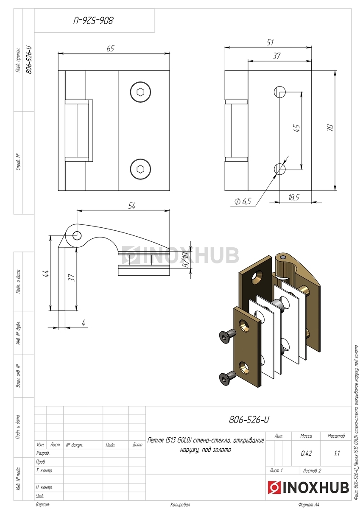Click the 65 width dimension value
click(110, 48)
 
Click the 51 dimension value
click(270, 42)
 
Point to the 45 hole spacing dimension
click(297, 128)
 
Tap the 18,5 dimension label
click(293, 198)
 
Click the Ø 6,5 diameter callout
click(243, 201)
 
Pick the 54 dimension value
click(132, 206)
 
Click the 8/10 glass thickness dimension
click(186, 260)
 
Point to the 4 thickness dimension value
click(84, 323)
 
